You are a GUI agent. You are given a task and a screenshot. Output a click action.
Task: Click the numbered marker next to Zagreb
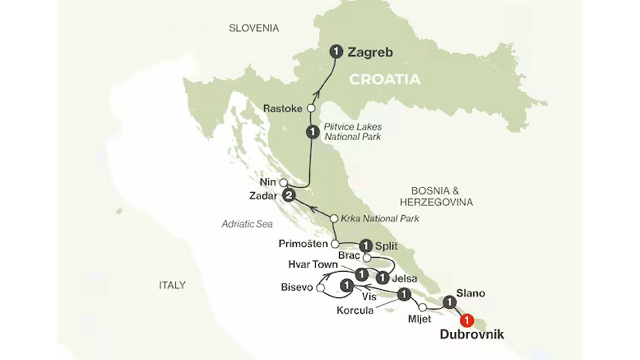pos(336,51)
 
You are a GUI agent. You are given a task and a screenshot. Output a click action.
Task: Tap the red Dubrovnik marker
pos(467,320)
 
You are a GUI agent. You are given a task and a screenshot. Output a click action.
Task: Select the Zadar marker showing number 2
pos(289,195)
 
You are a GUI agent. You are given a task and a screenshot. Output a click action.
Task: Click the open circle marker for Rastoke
pos(311,108)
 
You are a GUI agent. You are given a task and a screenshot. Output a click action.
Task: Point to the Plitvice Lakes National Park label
pos(353,132)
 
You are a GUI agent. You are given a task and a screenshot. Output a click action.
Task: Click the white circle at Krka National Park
pos(334,219)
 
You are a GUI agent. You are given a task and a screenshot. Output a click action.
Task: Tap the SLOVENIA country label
pos(254,28)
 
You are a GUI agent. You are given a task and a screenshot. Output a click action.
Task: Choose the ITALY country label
pos(172,285)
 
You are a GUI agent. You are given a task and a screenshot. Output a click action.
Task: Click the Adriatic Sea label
pos(247,224)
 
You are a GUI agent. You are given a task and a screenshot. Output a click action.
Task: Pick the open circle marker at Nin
pos(284,183)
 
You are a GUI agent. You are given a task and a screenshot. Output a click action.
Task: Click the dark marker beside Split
pos(366,246)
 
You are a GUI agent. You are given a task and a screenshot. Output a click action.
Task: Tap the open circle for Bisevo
pos(320,288)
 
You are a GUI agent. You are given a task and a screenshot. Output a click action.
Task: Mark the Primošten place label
pos(303,244)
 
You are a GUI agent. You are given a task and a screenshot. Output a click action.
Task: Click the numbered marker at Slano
pos(449,302)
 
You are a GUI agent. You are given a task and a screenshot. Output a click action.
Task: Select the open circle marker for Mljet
pos(422,308)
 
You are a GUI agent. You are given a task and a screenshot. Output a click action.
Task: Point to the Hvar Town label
pos(313,264)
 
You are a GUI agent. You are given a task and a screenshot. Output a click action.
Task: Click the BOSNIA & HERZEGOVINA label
pos(436,196)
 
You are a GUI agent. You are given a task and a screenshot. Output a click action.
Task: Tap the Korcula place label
pos(355,310)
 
